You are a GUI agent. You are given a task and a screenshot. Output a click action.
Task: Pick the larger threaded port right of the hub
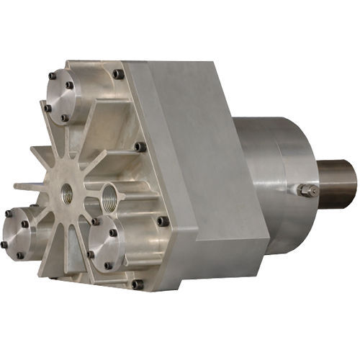(x=109, y=194)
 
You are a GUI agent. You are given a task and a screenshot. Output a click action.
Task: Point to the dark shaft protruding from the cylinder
(x=338, y=184)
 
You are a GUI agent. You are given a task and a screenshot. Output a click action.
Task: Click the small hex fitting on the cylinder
(x=309, y=190)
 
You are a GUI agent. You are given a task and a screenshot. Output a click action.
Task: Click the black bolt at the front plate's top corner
(x=118, y=73)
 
